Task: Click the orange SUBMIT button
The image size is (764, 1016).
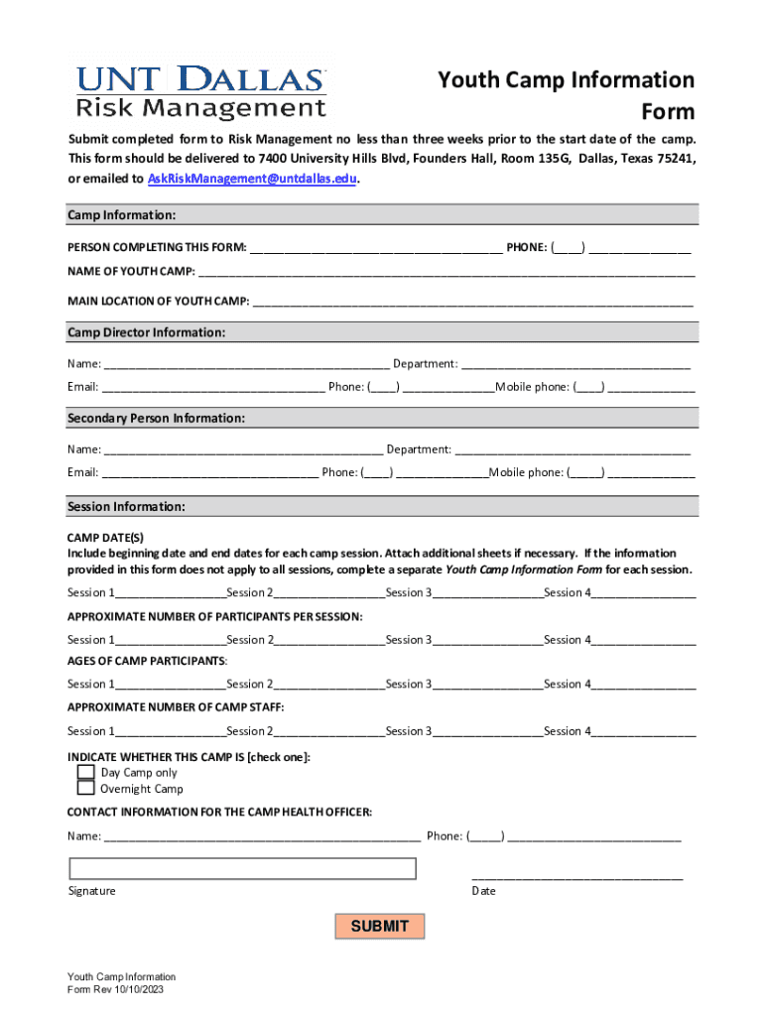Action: tap(380, 927)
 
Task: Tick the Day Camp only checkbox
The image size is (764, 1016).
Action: tap(86, 772)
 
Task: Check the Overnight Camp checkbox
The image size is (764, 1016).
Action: tap(86, 789)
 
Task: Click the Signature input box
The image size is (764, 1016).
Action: tap(242, 868)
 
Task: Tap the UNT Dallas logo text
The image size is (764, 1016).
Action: tap(201, 80)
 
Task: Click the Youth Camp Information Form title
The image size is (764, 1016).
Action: tap(567, 95)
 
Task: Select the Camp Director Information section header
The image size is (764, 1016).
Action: tap(146, 332)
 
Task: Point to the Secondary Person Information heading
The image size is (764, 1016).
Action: tap(156, 419)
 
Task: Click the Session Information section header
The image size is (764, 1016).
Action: tap(126, 507)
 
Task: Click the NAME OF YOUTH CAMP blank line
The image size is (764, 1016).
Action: tap(446, 271)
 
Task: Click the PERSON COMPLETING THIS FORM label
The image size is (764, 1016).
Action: tap(157, 248)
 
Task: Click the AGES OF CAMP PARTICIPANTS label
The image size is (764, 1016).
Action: tap(147, 661)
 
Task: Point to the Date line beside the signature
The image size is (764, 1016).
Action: tap(577, 874)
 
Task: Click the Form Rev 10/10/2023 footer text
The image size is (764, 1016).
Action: tap(122, 990)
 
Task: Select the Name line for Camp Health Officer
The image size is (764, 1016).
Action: tap(262, 836)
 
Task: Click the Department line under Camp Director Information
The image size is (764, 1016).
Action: tap(575, 364)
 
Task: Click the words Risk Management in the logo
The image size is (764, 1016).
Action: tap(201, 107)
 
